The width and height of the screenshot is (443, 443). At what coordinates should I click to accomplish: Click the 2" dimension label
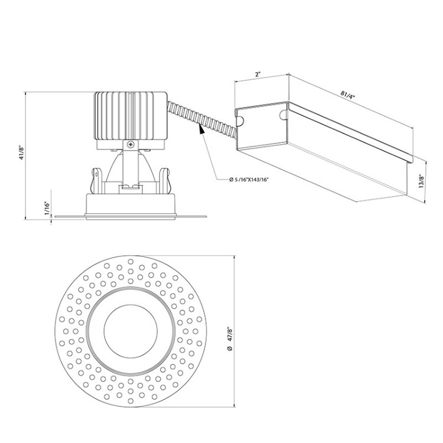coord(259,76)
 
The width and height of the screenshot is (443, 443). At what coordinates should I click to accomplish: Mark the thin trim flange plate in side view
coord(130,217)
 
